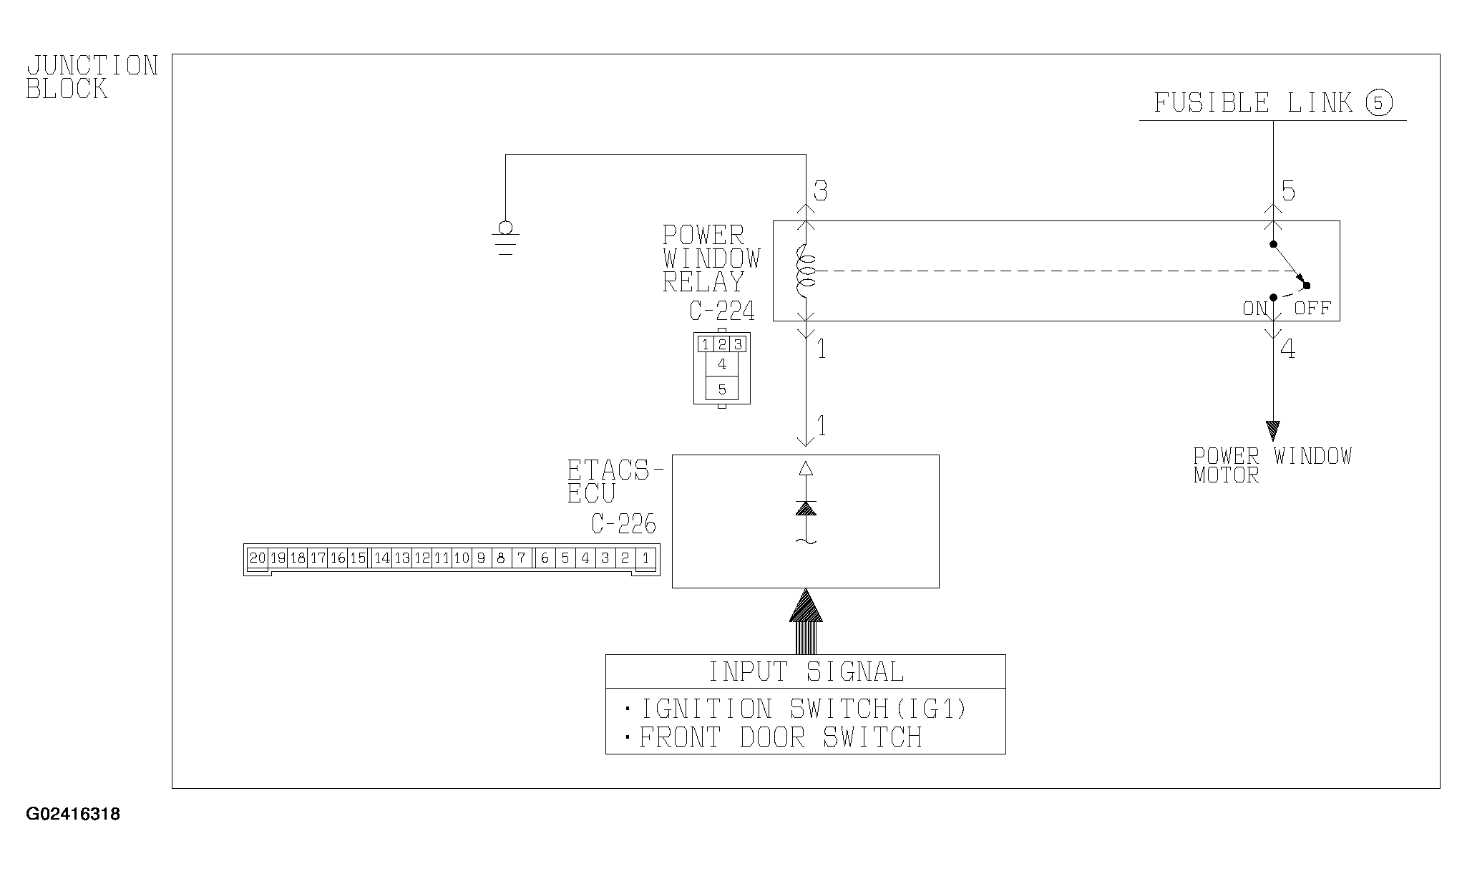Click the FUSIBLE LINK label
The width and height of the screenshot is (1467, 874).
pyautogui.click(x=1253, y=103)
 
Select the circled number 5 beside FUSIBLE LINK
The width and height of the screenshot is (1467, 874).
pyautogui.click(x=1379, y=104)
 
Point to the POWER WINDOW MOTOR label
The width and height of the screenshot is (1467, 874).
pyautogui.click(x=1272, y=465)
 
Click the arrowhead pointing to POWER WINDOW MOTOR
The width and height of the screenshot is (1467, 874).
pyautogui.click(x=1272, y=430)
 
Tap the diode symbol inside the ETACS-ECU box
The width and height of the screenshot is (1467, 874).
pyautogui.click(x=806, y=508)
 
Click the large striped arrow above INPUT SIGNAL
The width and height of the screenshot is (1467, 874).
pyautogui.click(x=806, y=621)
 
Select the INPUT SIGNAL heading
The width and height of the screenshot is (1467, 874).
pyautogui.click(x=806, y=672)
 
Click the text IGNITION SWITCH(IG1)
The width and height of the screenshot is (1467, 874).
pyautogui.click(x=803, y=709)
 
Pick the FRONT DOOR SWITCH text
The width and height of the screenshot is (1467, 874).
pyautogui.click(x=780, y=737)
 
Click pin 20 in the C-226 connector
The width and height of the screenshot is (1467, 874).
pyautogui.click(x=258, y=558)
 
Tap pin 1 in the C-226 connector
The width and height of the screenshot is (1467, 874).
pyautogui.click(x=645, y=558)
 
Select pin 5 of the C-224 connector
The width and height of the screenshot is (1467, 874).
pyautogui.click(x=722, y=389)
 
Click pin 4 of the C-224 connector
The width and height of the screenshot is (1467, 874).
pyautogui.click(x=722, y=364)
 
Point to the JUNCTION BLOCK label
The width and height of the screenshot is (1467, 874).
pyautogui.click(x=92, y=77)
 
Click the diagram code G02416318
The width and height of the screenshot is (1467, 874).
pyautogui.click(x=73, y=815)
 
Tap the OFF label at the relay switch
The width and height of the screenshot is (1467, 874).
pyautogui.click(x=1312, y=309)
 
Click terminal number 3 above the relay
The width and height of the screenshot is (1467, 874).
pyautogui.click(x=821, y=192)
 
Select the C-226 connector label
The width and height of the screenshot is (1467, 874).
pyautogui.click(x=623, y=525)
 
